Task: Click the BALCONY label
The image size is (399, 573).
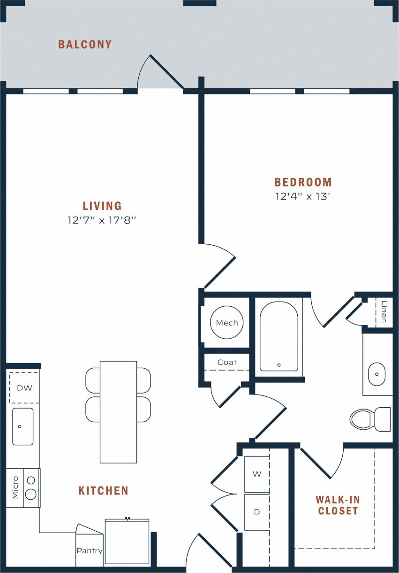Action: (x=85, y=45)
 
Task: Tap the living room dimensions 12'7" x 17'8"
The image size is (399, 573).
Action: (x=102, y=220)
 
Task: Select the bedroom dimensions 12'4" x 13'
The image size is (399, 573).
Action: (x=303, y=196)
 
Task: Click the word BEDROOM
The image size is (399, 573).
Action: (x=303, y=182)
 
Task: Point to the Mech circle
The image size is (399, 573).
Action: (x=227, y=323)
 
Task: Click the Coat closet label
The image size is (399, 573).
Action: (x=227, y=362)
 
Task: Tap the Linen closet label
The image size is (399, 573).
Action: (x=384, y=311)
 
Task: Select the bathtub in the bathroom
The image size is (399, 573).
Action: (x=279, y=336)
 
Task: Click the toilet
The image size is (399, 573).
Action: (x=369, y=419)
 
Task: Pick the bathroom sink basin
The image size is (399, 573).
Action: (x=376, y=374)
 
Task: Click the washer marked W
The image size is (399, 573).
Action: (x=257, y=474)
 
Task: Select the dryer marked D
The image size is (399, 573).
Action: (x=257, y=512)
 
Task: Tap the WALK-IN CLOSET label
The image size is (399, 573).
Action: (x=338, y=505)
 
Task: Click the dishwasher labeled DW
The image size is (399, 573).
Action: (x=23, y=388)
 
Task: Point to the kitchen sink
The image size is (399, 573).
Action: (x=23, y=426)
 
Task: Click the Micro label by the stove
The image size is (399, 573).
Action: (x=15, y=488)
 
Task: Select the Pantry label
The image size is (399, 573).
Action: (x=89, y=550)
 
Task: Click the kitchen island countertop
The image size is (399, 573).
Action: (x=118, y=411)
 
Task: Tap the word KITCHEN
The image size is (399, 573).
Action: (x=103, y=491)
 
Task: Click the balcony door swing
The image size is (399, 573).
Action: (x=159, y=73)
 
